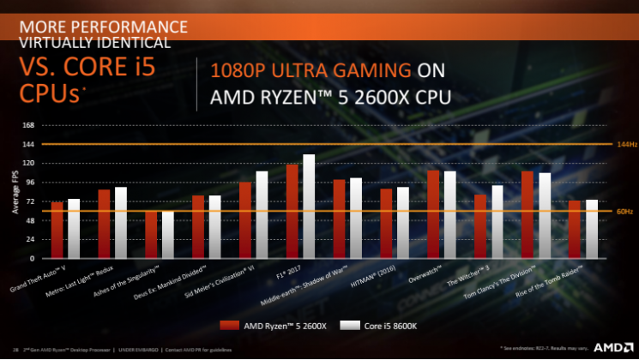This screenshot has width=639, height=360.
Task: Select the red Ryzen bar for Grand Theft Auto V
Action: click(x=57, y=230)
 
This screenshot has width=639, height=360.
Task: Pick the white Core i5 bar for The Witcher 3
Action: click(x=497, y=221)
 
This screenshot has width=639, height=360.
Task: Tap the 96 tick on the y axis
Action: click(x=29, y=183)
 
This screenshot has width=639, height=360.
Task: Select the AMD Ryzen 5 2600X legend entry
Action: click(x=265, y=326)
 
